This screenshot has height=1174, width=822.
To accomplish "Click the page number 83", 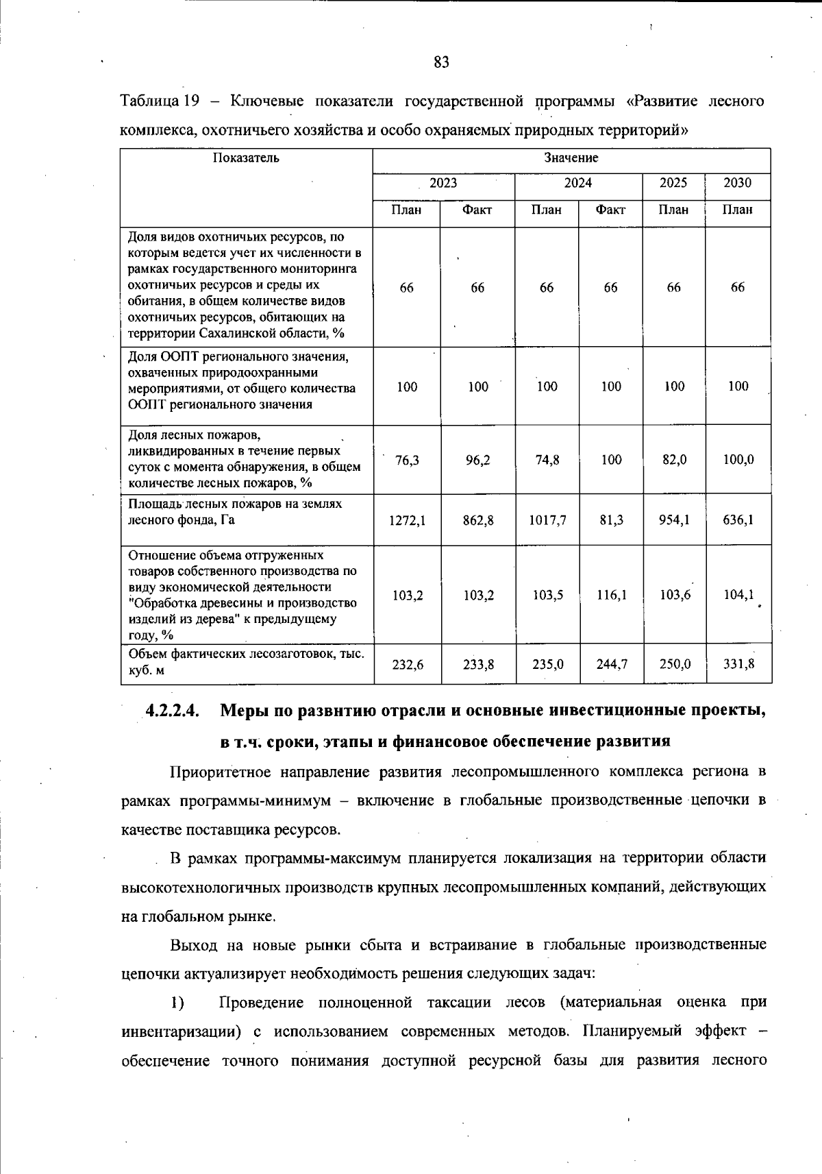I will pos(441,62).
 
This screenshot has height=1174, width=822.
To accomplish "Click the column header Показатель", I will pos(246,158).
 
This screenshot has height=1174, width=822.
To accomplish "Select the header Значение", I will pos(571,158).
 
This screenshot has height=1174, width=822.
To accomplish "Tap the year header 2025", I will pos(673,183).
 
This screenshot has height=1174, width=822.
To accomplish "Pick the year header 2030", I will pos(738,183).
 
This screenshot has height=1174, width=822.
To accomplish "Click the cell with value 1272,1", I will pos(408,520).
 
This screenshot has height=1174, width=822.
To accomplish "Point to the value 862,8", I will pos(478,520).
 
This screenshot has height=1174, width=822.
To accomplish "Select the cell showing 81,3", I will pos(611,520).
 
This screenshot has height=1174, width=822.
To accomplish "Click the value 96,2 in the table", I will pos(478,460).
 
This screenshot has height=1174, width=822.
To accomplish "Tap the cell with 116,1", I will pos(611,595).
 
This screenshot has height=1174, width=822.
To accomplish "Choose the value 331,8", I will pos(738,663).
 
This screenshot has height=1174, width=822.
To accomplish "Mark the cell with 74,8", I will pos(547,460).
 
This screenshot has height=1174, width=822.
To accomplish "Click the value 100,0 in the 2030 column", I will pos(738,460).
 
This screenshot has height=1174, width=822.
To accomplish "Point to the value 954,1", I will pos(674,520).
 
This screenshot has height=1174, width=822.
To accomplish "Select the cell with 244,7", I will pos(611,663).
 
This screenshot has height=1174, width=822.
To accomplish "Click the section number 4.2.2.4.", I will pos(172,711).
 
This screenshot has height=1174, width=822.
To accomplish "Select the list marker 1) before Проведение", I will pos(177,1003).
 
